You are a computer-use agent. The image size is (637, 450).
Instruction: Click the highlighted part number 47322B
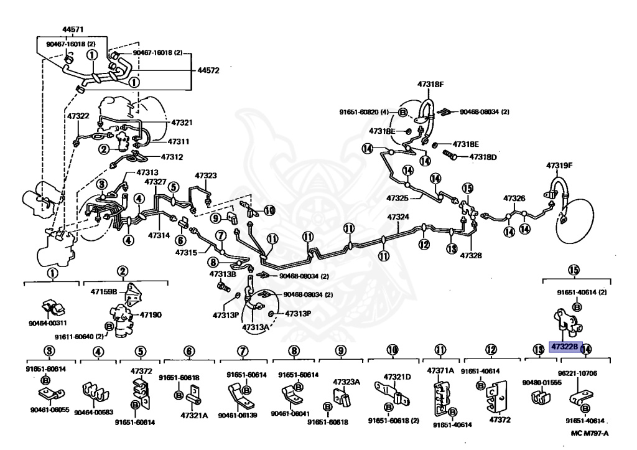[564, 346]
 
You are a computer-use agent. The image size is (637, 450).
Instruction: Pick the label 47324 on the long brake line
[398, 217]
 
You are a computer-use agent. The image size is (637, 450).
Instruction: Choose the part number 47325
[398, 198]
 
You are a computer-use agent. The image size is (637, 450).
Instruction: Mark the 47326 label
[514, 199]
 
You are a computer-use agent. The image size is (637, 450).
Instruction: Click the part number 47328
[471, 255]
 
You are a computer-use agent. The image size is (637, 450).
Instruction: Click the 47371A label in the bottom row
[441, 370]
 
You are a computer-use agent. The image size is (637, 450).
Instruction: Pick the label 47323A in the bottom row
[346, 382]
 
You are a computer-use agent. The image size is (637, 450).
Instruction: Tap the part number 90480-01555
[542, 382]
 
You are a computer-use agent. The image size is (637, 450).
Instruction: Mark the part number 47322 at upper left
[78, 116]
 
